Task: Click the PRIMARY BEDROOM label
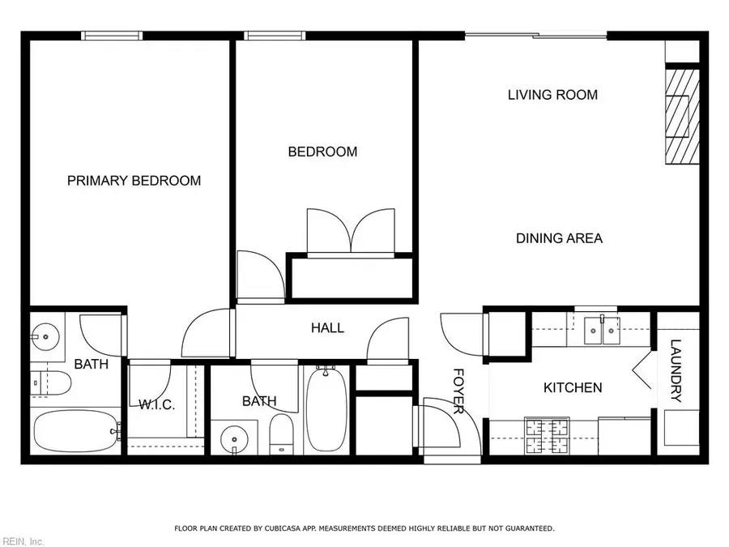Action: pos(134,181)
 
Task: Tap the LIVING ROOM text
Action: pos(552,95)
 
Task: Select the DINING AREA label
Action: pos(559,238)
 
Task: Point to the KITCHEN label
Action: pos(572,387)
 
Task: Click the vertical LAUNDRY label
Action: pos(676,370)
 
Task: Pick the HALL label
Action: pos(327,328)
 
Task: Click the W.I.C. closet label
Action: pos(156,404)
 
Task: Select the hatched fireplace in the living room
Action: pos(679,116)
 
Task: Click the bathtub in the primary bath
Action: pos(75,431)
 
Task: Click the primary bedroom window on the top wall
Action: pos(112,35)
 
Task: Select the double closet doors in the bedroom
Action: pos(350,233)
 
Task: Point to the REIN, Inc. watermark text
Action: pos(23,541)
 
